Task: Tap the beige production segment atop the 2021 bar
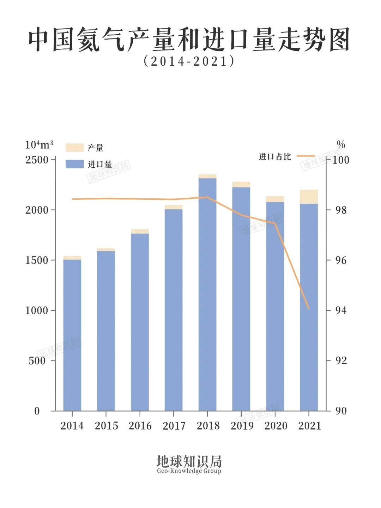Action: (x=309, y=197)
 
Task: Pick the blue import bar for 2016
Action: (x=140, y=322)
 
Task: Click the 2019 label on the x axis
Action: (x=242, y=426)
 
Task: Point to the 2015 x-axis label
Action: (x=106, y=426)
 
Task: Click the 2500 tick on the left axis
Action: (x=37, y=160)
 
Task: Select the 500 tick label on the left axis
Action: (x=37, y=361)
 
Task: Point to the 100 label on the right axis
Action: (x=341, y=160)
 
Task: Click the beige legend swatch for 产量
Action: (x=74, y=148)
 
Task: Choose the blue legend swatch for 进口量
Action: (x=74, y=164)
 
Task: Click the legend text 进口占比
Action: (x=275, y=157)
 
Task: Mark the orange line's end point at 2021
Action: (x=309, y=308)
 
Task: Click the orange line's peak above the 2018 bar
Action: (x=207, y=197)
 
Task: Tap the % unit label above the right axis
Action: (x=341, y=144)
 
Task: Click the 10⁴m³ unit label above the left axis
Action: (x=39, y=145)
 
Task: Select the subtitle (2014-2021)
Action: (x=189, y=61)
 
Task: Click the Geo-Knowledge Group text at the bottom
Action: (x=189, y=471)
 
